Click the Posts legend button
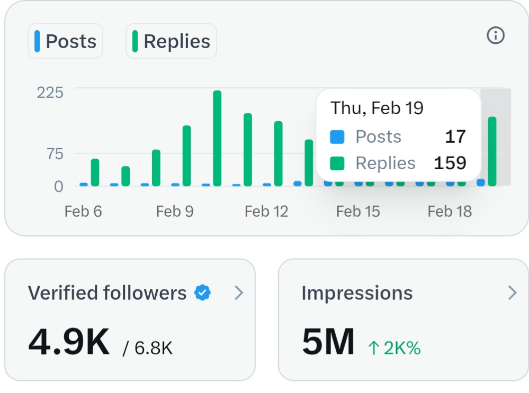pos(66,41)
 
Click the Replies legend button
pos(171,41)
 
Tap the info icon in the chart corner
pos(495,36)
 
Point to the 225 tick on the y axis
pos(50,93)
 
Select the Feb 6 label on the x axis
pos(83,212)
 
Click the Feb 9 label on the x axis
pos(175,212)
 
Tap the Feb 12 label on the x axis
pos(266,212)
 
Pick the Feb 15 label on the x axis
pos(358,212)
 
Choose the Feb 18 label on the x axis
pos(450,212)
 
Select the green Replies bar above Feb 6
pos(95,172)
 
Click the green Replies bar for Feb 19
pos(492,151)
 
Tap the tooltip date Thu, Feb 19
pos(377,108)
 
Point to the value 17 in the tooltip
pos(455,137)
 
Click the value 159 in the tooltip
pos(450,163)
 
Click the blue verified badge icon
pos(203,293)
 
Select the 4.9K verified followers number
pos(69,343)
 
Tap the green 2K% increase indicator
pos(394,348)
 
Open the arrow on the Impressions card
pos(512,293)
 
